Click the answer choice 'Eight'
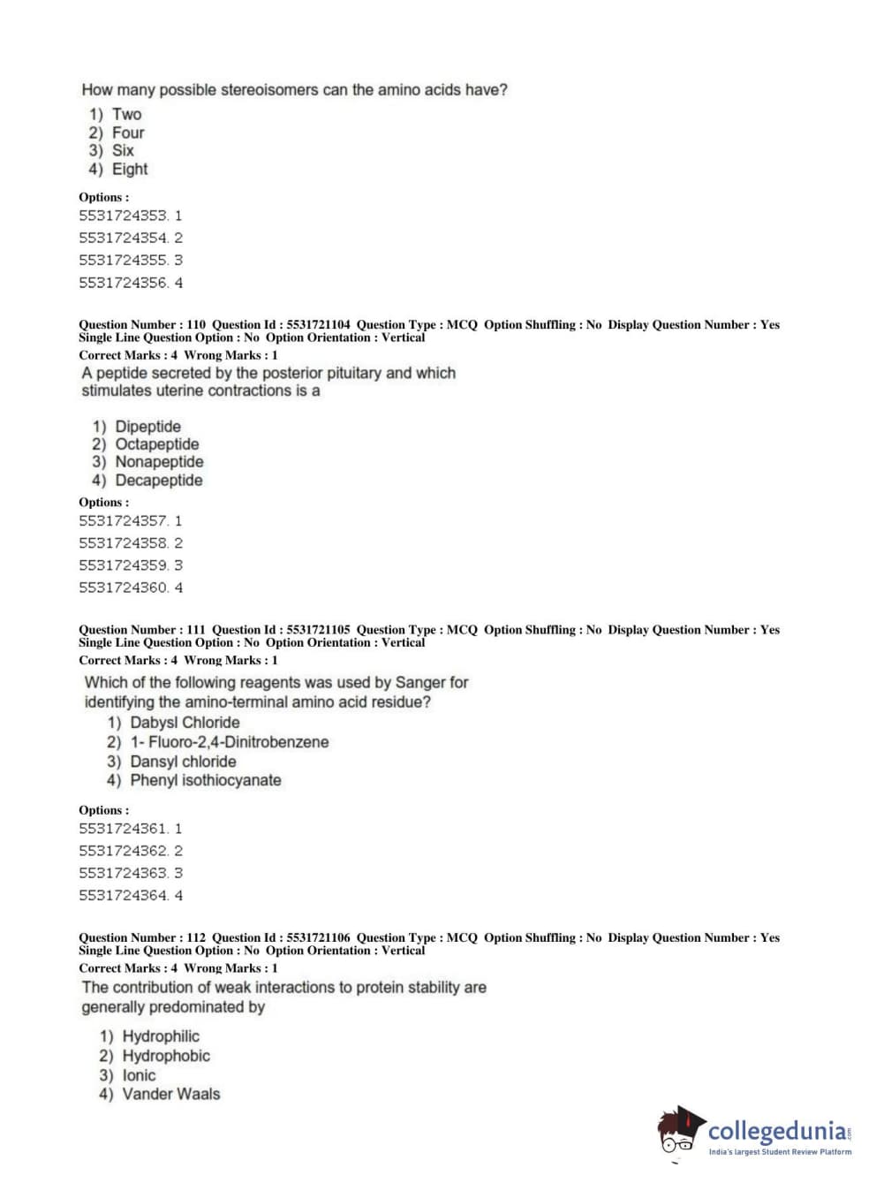coord(129,170)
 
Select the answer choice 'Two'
coord(126,114)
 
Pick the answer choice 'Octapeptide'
coord(156,444)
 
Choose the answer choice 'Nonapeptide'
coord(159,462)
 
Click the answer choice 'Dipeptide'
coord(147,427)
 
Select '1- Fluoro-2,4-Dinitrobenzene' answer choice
coord(229,742)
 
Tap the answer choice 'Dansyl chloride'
coord(183,762)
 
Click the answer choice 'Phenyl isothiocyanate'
coord(205,780)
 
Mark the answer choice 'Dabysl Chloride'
coord(185,723)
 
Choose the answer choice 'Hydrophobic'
coord(166,1056)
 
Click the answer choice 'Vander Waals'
coord(170,1094)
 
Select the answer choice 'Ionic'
coord(139,1075)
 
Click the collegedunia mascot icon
coord(680,1132)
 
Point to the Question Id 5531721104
coord(318,325)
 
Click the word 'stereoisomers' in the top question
coord(283,90)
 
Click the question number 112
coord(196,937)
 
